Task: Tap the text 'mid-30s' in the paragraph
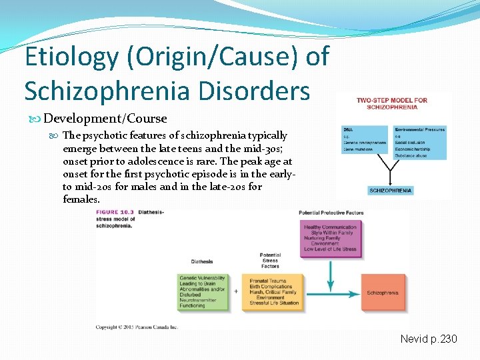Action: [267, 148]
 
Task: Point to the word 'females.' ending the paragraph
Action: [81, 199]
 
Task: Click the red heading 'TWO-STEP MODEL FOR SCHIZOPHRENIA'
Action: [391, 103]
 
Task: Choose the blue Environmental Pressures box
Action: [419, 139]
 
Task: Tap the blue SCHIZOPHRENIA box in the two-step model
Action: [391, 190]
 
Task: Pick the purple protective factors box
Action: [330, 238]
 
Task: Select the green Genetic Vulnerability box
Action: [202, 292]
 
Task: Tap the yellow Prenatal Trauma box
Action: [271, 292]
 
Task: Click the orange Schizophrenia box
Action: [383, 293]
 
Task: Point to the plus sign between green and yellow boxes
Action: [236, 292]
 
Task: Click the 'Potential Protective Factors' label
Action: [331, 213]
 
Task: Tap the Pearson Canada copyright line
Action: [137, 327]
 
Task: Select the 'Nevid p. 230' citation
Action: [429, 339]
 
